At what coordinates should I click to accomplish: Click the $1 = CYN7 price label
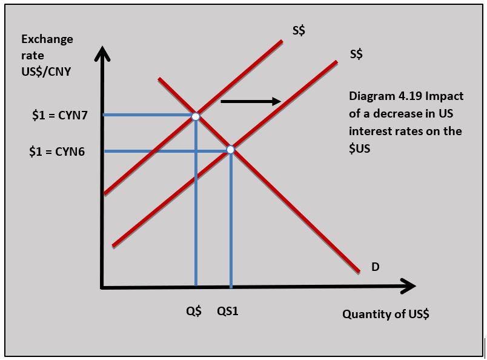pyautogui.click(x=59, y=116)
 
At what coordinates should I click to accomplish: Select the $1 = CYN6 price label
pyautogui.click(x=57, y=152)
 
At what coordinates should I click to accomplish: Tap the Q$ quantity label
pyautogui.click(x=194, y=312)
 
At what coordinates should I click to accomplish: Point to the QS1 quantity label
pyautogui.click(x=228, y=312)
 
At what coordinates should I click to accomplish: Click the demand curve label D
pyautogui.click(x=376, y=267)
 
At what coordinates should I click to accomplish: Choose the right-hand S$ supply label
pyautogui.click(x=356, y=55)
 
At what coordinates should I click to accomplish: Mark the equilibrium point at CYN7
pyautogui.click(x=196, y=115)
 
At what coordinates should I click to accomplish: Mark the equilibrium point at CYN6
pyautogui.click(x=230, y=150)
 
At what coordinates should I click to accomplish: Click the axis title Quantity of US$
pyautogui.click(x=385, y=314)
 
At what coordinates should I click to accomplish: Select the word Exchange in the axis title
pyautogui.click(x=47, y=39)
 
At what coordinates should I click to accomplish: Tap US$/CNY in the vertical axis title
pyautogui.click(x=46, y=72)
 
